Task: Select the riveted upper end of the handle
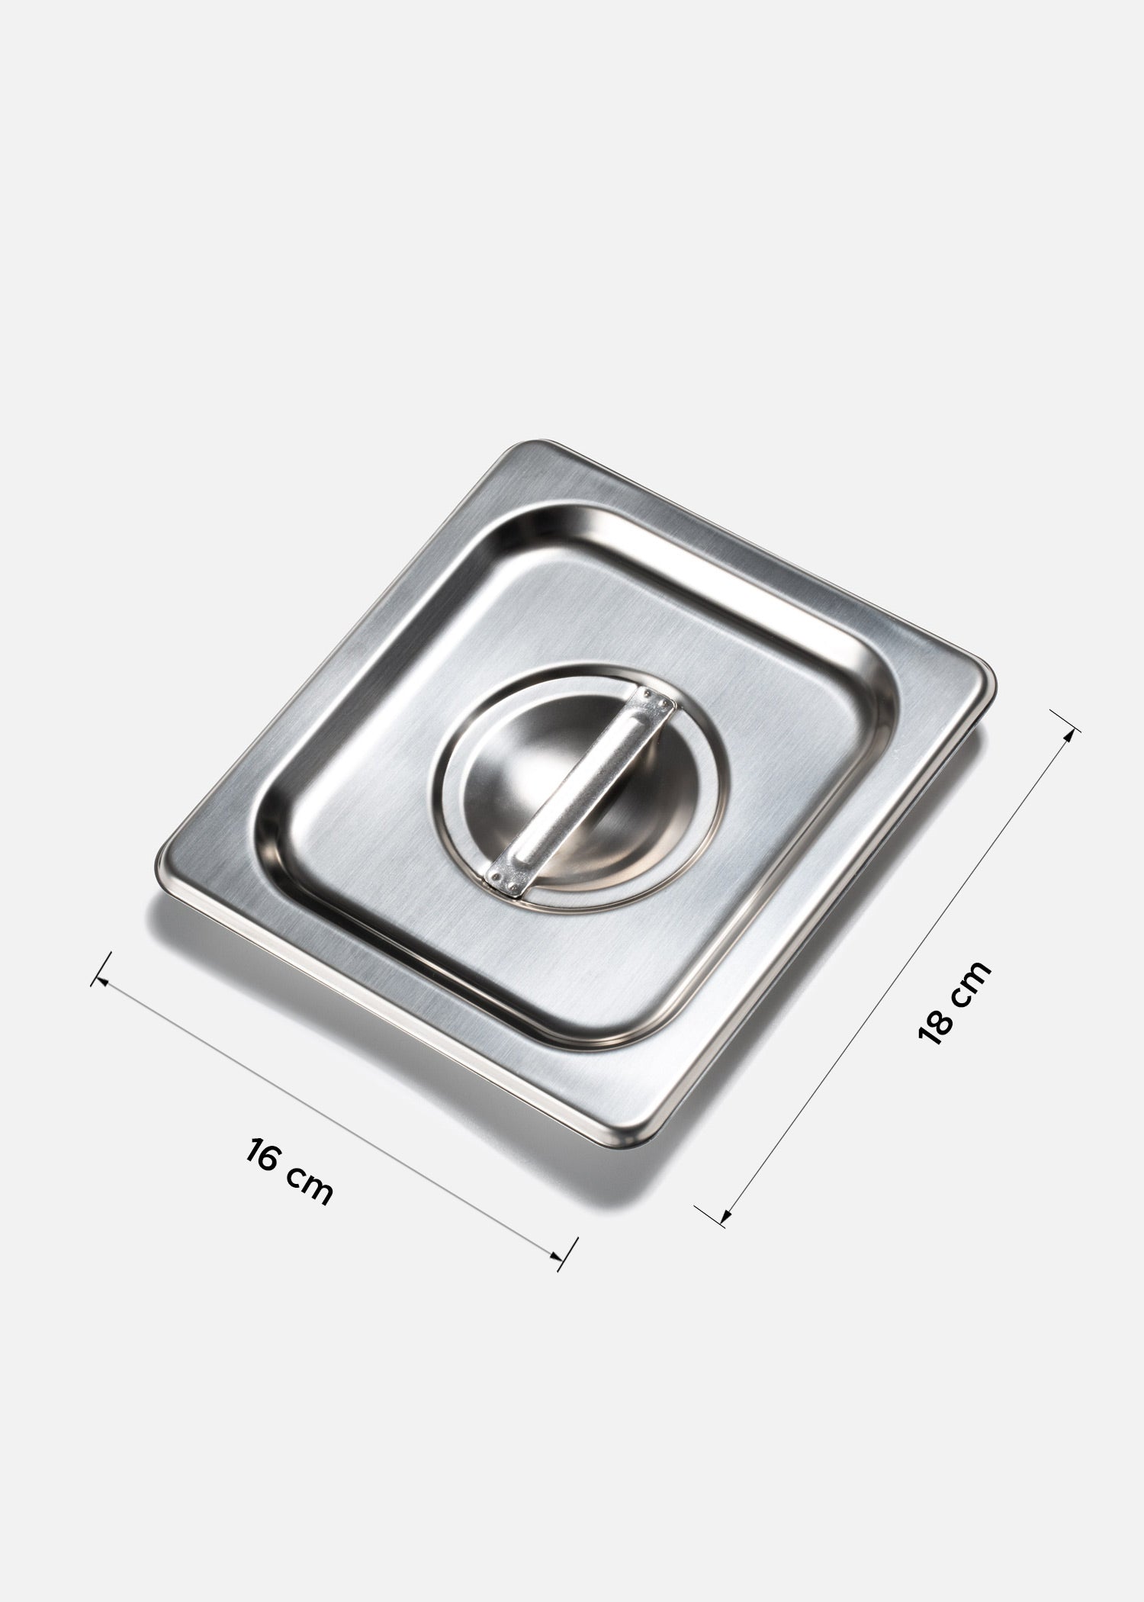click(x=655, y=700)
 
